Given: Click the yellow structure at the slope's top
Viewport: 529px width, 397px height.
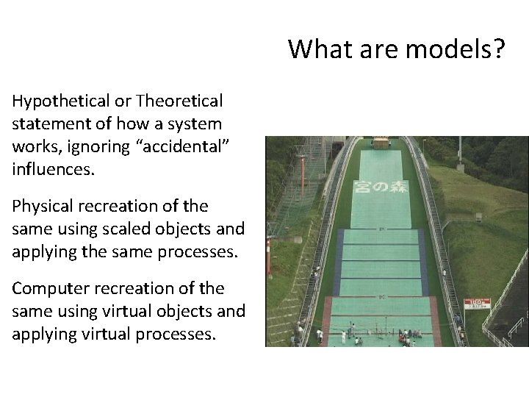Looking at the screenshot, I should pos(381,142).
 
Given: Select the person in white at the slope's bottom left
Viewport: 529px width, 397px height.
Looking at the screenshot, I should pos(320,334).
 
